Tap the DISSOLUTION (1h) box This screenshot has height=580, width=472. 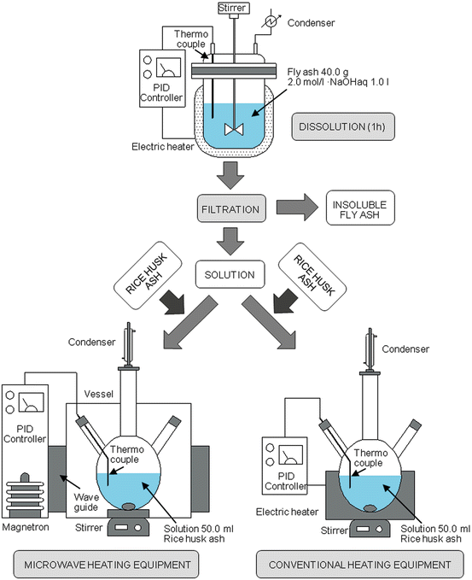pyautogui.click(x=343, y=127)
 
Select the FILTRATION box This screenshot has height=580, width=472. pyautogui.click(x=231, y=208)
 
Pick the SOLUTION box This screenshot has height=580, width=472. pyautogui.click(x=230, y=274)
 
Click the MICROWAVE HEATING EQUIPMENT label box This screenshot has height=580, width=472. pyautogui.click(x=106, y=564)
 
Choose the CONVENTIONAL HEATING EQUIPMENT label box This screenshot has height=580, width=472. pyautogui.click(x=359, y=564)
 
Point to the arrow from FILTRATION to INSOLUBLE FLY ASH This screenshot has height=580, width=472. pyautogui.click(x=297, y=207)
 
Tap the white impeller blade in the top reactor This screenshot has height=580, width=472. pyautogui.click(x=234, y=130)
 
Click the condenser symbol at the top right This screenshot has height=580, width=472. pyautogui.click(x=271, y=22)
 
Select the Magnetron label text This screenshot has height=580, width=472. pyautogui.click(x=26, y=527)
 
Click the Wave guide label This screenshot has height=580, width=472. pyautogui.click(x=86, y=502)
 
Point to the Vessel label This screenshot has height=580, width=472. pyautogui.click(x=99, y=394)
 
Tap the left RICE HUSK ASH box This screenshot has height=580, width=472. pyautogui.click(x=148, y=276)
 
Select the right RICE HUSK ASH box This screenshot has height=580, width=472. pyautogui.click(x=312, y=277)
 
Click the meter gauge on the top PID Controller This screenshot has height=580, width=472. pyautogui.click(x=168, y=67)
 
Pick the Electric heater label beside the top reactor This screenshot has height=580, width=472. pyautogui.click(x=163, y=147)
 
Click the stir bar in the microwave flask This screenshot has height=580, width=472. pyautogui.click(x=129, y=506)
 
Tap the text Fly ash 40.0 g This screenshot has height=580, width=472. pyautogui.click(x=318, y=72)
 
